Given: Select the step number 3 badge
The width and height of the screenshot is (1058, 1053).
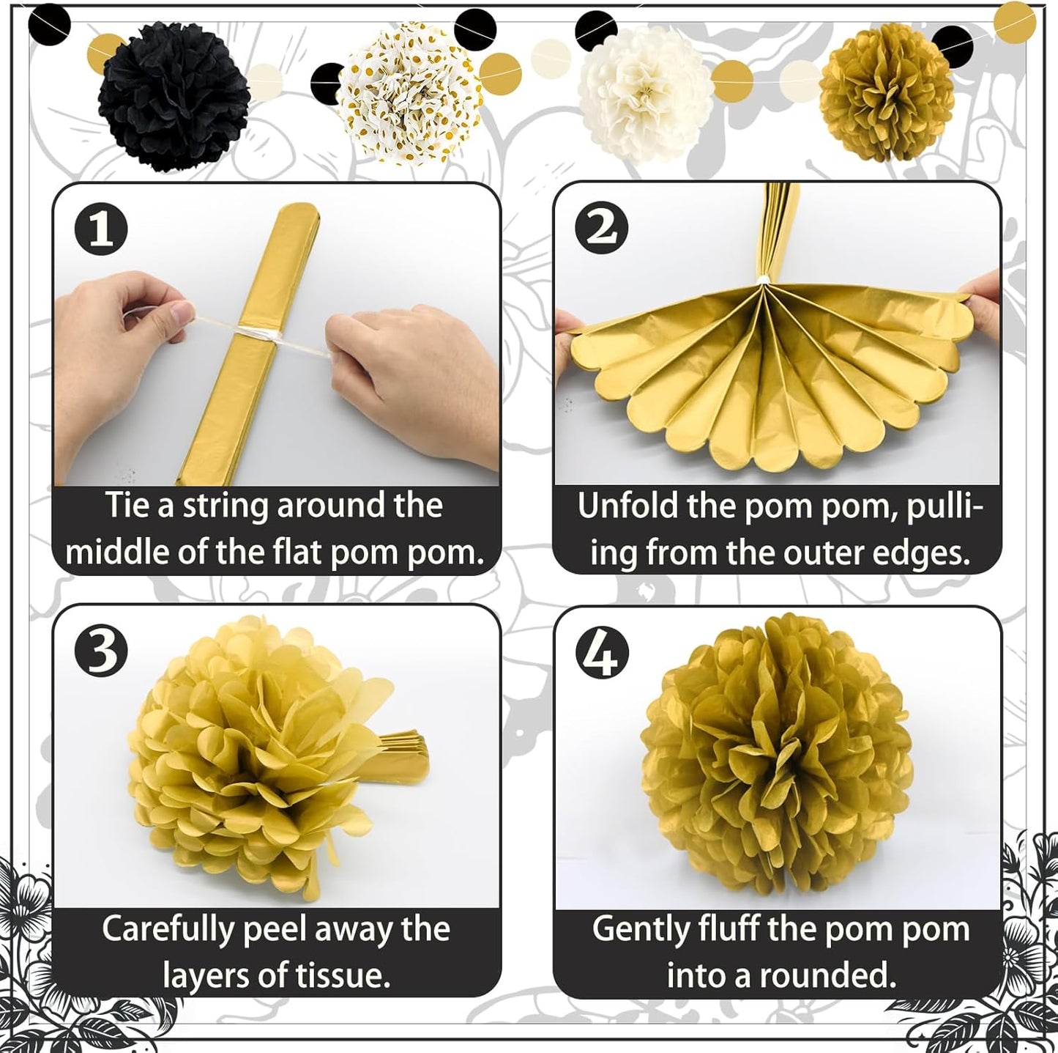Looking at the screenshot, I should pyautogui.click(x=101, y=651).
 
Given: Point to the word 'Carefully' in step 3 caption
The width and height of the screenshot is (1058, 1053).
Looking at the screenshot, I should pyautogui.click(x=167, y=929).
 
